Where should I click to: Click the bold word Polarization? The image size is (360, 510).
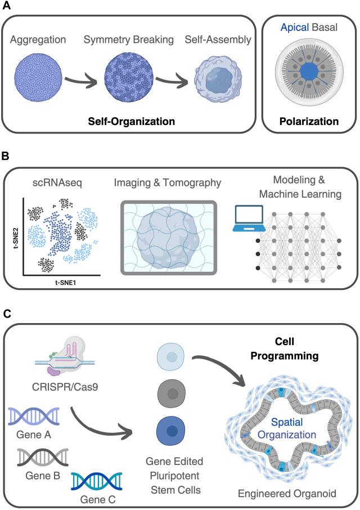(x=311, y=120)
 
